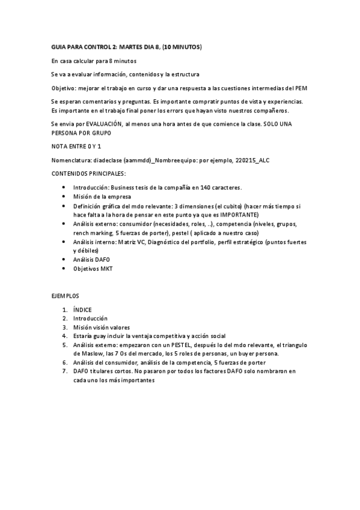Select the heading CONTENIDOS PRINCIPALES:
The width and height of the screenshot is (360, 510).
pyautogui.click(x=88, y=173)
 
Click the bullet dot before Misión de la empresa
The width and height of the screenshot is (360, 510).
pyautogui.click(x=64, y=196)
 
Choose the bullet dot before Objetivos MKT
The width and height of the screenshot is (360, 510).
pyautogui.click(x=64, y=269)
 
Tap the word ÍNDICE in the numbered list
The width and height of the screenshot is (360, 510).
pyautogui.click(x=82, y=310)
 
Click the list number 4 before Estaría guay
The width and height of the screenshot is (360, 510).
pyautogui.click(x=64, y=336)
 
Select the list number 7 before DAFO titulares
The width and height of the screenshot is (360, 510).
pyautogui.click(x=64, y=371)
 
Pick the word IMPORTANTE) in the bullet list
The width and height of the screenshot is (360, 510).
pyautogui.click(x=239, y=214)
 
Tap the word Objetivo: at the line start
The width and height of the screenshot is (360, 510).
pyautogui.click(x=65, y=87)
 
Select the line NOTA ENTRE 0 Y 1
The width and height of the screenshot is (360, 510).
pyautogui.click(x=76, y=146)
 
